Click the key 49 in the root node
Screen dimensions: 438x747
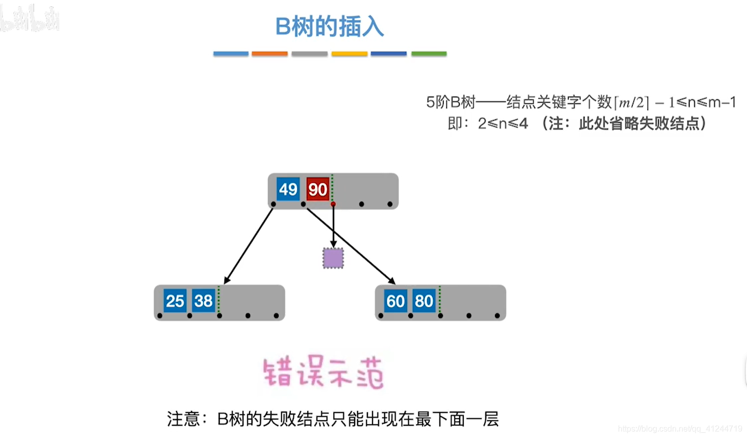point(288,189)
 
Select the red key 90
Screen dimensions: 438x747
point(317,189)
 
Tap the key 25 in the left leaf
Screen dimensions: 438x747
point(175,301)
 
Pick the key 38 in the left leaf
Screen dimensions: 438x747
point(203,301)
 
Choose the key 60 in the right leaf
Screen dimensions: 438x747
point(395,301)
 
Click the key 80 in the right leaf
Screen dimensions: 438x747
point(424,301)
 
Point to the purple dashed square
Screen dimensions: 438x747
point(333,258)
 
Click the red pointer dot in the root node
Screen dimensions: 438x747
point(333,204)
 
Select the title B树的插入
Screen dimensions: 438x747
point(330,27)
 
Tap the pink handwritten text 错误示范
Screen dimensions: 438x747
point(323,373)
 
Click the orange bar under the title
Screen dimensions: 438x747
point(269,54)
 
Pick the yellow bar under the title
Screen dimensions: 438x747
point(350,54)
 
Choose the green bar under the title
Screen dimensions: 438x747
point(429,54)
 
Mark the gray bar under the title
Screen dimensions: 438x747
point(309,54)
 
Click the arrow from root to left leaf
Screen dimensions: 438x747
point(249,244)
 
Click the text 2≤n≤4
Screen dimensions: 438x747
point(503,124)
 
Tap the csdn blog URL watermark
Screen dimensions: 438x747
point(680,429)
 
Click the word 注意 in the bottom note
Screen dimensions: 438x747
point(183,419)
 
